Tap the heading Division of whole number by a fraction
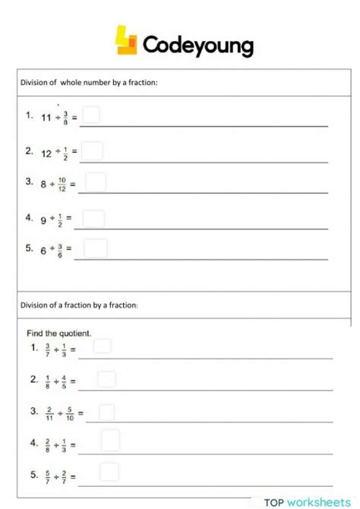(89, 83)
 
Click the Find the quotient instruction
(58, 333)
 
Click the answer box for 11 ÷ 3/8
(91, 115)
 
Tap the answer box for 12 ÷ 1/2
(92, 151)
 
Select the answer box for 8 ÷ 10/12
(96, 182)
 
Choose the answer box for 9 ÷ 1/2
(93, 219)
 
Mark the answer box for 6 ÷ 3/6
(96, 248)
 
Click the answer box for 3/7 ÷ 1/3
(102, 346)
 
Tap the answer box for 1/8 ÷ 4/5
(106, 379)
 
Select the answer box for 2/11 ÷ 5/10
(106, 413)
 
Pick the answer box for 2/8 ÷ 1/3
(110, 441)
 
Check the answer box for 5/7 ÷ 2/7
(109, 472)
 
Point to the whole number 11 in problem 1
(46, 118)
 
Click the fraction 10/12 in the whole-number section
(62, 184)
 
